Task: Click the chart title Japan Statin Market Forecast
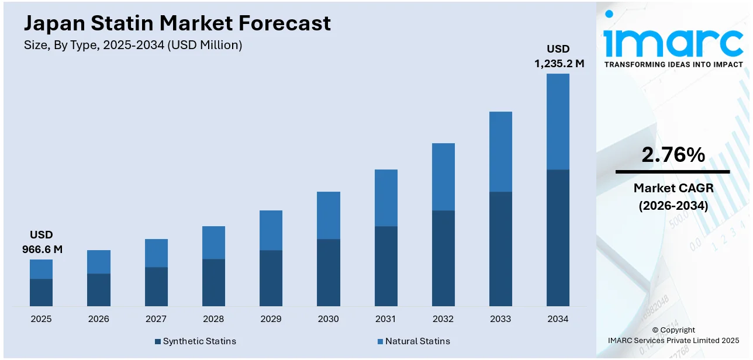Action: [x=177, y=23]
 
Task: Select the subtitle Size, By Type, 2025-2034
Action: [x=133, y=45]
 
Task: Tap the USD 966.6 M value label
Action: [x=42, y=242]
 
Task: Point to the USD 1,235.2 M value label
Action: [x=558, y=56]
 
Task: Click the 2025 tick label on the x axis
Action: [x=41, y=319]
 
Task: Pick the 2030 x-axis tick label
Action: [x=328, y=319]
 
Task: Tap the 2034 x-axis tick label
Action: [x=558, y=319]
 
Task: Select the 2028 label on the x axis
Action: [x=213, y=319]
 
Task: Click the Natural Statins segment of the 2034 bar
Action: [x=558, y=122]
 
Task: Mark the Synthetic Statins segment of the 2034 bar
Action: [x=558, y=237]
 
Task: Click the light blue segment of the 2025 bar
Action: [x=41, y=269]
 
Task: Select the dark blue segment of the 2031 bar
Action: [x=386, y=266]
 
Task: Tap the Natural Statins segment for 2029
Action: [x=271, y=230]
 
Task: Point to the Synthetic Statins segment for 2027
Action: [x=156, y=286]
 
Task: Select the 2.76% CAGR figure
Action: [x=673, y=155]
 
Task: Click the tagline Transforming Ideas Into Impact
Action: [x=673, y=65]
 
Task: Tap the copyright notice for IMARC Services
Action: [x=673, y=335]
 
